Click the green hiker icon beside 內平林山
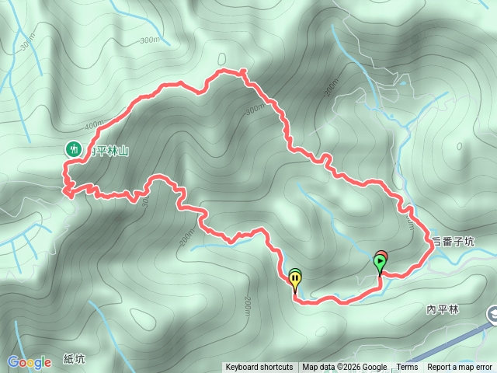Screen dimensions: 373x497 [74, 148]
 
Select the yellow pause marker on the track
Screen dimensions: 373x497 [295, 277]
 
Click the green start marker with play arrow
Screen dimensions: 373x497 [380, 263]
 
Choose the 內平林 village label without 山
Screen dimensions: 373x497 [443, 309]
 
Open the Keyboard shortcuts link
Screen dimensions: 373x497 [259, 368]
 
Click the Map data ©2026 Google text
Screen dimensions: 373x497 [345, 368]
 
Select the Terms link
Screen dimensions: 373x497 [407, 368]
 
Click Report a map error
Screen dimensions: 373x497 [460, 368]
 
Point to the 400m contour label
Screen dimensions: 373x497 [94, 125]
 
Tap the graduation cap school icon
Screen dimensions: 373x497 [492, 314]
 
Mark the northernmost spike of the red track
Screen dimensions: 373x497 [243, 71]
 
